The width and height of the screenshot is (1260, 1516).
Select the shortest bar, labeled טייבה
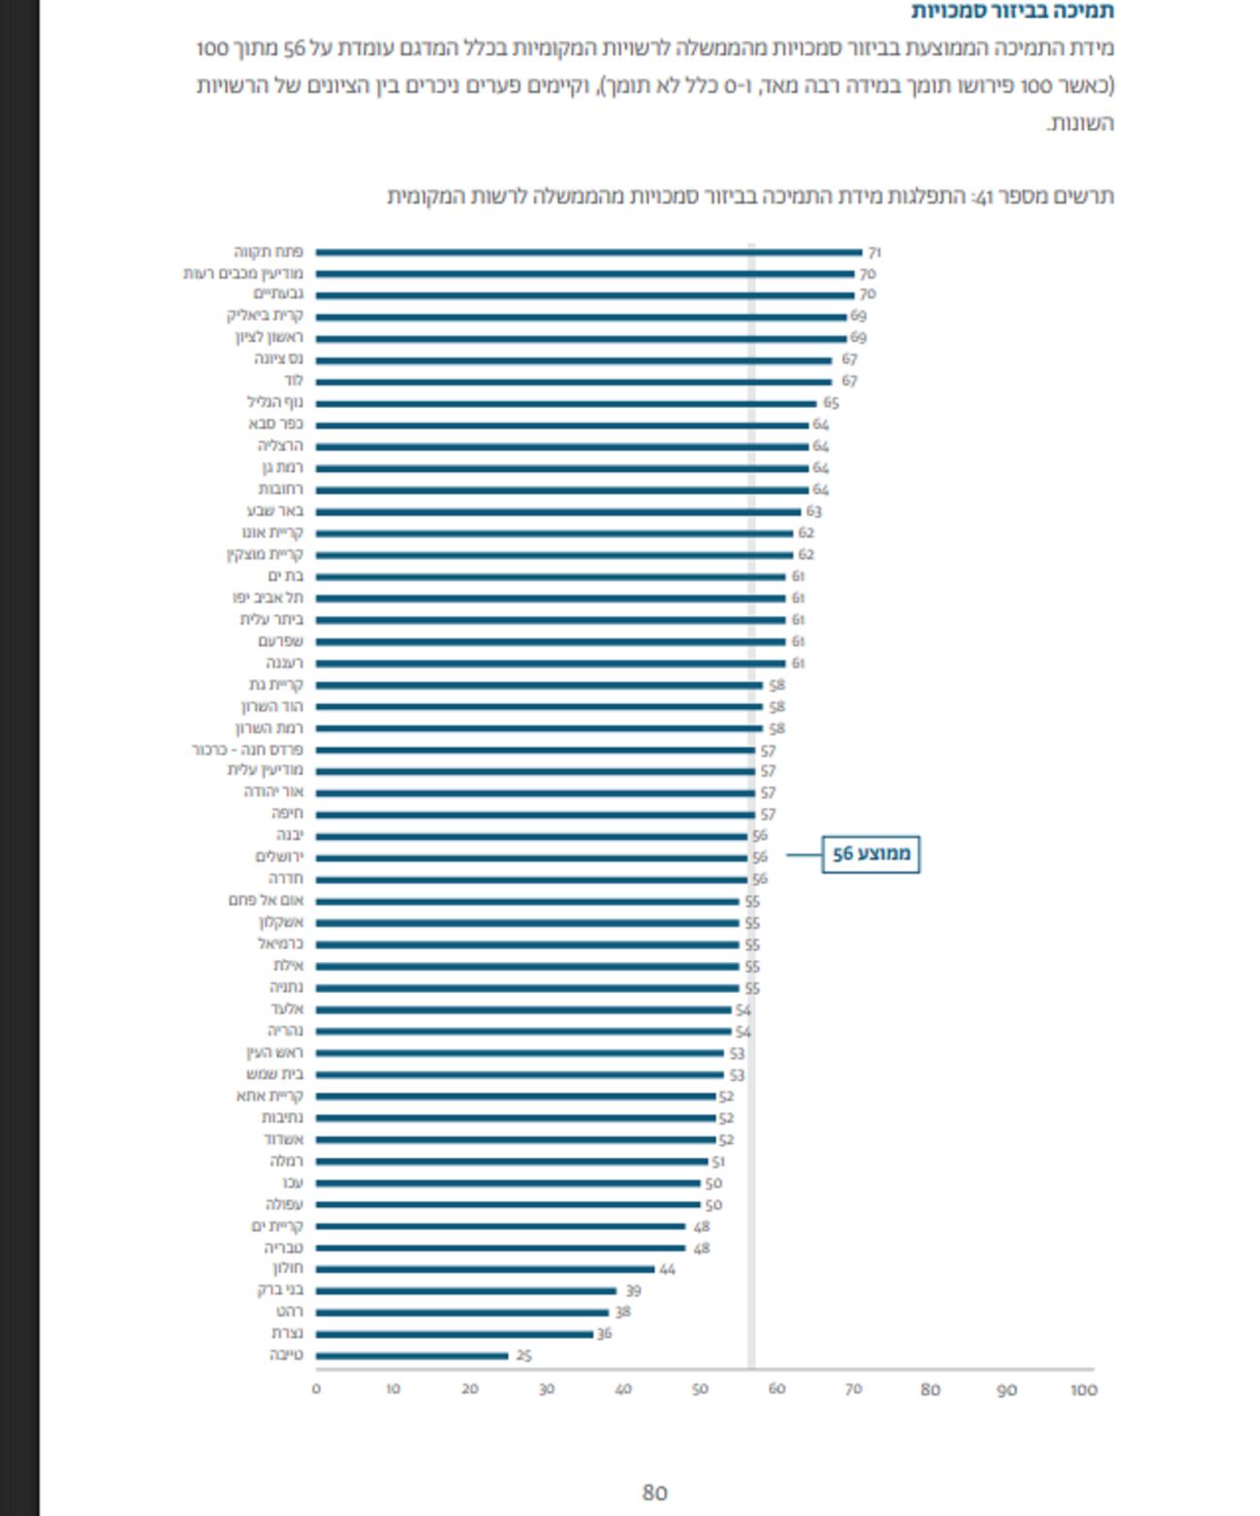click(x=412, y=1356)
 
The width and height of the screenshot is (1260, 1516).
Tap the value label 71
click(x=874, y=252)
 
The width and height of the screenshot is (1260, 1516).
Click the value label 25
click(x=523, y=1356)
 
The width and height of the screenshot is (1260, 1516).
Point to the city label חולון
click(x=288, y=1268)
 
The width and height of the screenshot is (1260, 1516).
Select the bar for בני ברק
click(x=466, y=1290)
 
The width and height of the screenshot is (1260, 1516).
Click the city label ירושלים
click(x=279, y=857)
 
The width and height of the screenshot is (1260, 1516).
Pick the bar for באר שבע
click(x=558, y=511)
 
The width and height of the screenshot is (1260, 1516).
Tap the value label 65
click(x=831, y=403)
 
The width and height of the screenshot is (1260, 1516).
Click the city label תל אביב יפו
click(x=268, y=598)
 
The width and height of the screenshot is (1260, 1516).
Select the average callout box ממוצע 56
click(x=870, y=854)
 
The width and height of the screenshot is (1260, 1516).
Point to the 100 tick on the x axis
click(x=1084, y=1390)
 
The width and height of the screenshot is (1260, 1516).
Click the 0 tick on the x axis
click(x=316, y=1390)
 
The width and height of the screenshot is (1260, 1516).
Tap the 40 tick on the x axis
click(x=623, y=1390)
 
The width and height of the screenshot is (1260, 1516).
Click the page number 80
click(x=655, y=1493)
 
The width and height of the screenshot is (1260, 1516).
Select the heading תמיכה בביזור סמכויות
click(x=1012, y=12)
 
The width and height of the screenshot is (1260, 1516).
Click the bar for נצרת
click(x=455, y=1334)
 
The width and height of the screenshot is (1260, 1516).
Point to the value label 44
click(x=667, y=1269)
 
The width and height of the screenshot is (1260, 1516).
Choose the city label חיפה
click(x=287, y=814)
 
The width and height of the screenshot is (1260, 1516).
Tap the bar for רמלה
click(x=512, y=1160)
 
